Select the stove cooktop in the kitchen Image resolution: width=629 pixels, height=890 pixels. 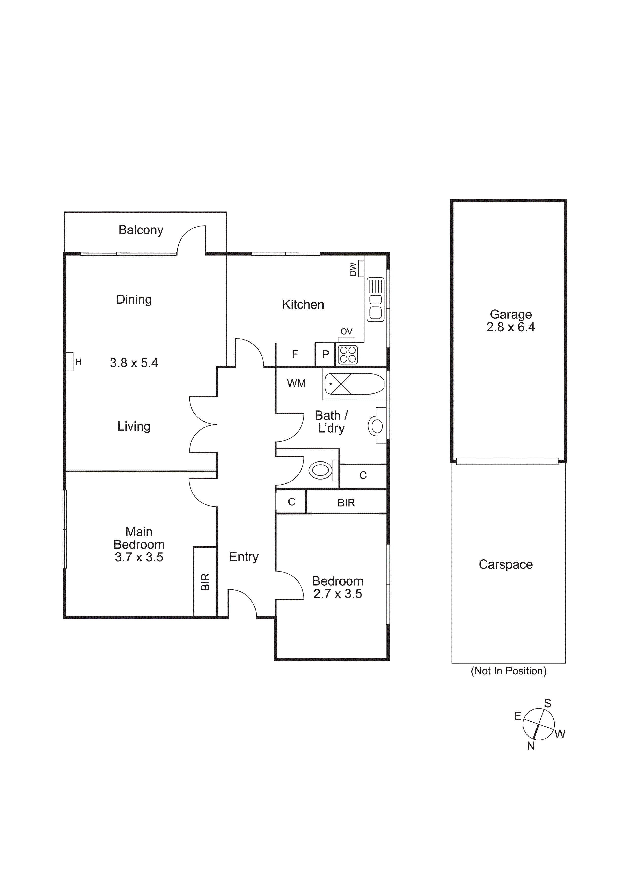[x=347, y=354]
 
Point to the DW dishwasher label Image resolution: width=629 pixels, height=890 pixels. [x=353, y=269]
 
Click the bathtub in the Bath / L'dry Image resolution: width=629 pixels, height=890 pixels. [x=354, y=384]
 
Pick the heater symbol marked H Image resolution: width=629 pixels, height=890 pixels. [x=70, y=362]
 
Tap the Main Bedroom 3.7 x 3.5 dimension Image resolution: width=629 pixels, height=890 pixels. [x=139, y=557]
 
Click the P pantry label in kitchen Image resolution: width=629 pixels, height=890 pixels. [x=326, y=354]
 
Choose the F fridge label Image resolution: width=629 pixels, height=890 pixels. [x=295, y=354]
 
